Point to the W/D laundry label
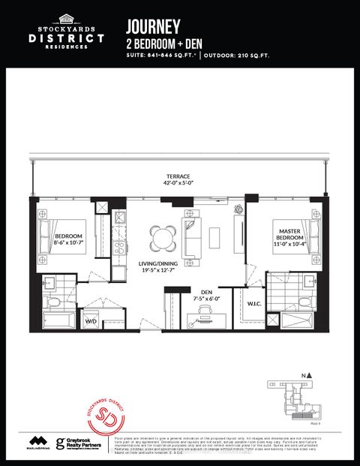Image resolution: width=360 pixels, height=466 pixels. coord(91,321)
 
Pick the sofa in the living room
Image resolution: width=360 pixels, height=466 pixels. coord(192,237)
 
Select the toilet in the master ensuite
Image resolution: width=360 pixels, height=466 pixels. coord(305,302)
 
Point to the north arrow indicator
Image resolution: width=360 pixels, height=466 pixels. coord(305,375)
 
